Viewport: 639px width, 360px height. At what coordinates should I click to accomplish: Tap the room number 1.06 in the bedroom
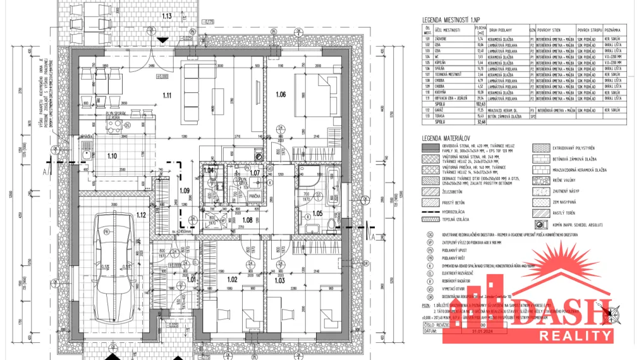(x=281, y=94)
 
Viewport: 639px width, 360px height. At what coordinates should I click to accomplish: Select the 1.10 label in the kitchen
(x=112, y=155)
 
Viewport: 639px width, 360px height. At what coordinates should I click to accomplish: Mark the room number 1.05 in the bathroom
(x=317, y=213)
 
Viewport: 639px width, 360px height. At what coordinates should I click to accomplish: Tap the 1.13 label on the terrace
(x=167, y=15)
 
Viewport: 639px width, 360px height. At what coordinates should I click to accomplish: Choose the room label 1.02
(x=232, y=279)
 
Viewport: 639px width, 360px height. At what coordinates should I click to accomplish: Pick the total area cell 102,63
(x=480, y=104)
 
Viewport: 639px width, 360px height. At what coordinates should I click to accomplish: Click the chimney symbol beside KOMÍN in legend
(x=539, y=224)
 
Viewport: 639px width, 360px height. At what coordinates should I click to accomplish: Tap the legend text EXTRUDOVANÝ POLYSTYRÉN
(x=574, y=147)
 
